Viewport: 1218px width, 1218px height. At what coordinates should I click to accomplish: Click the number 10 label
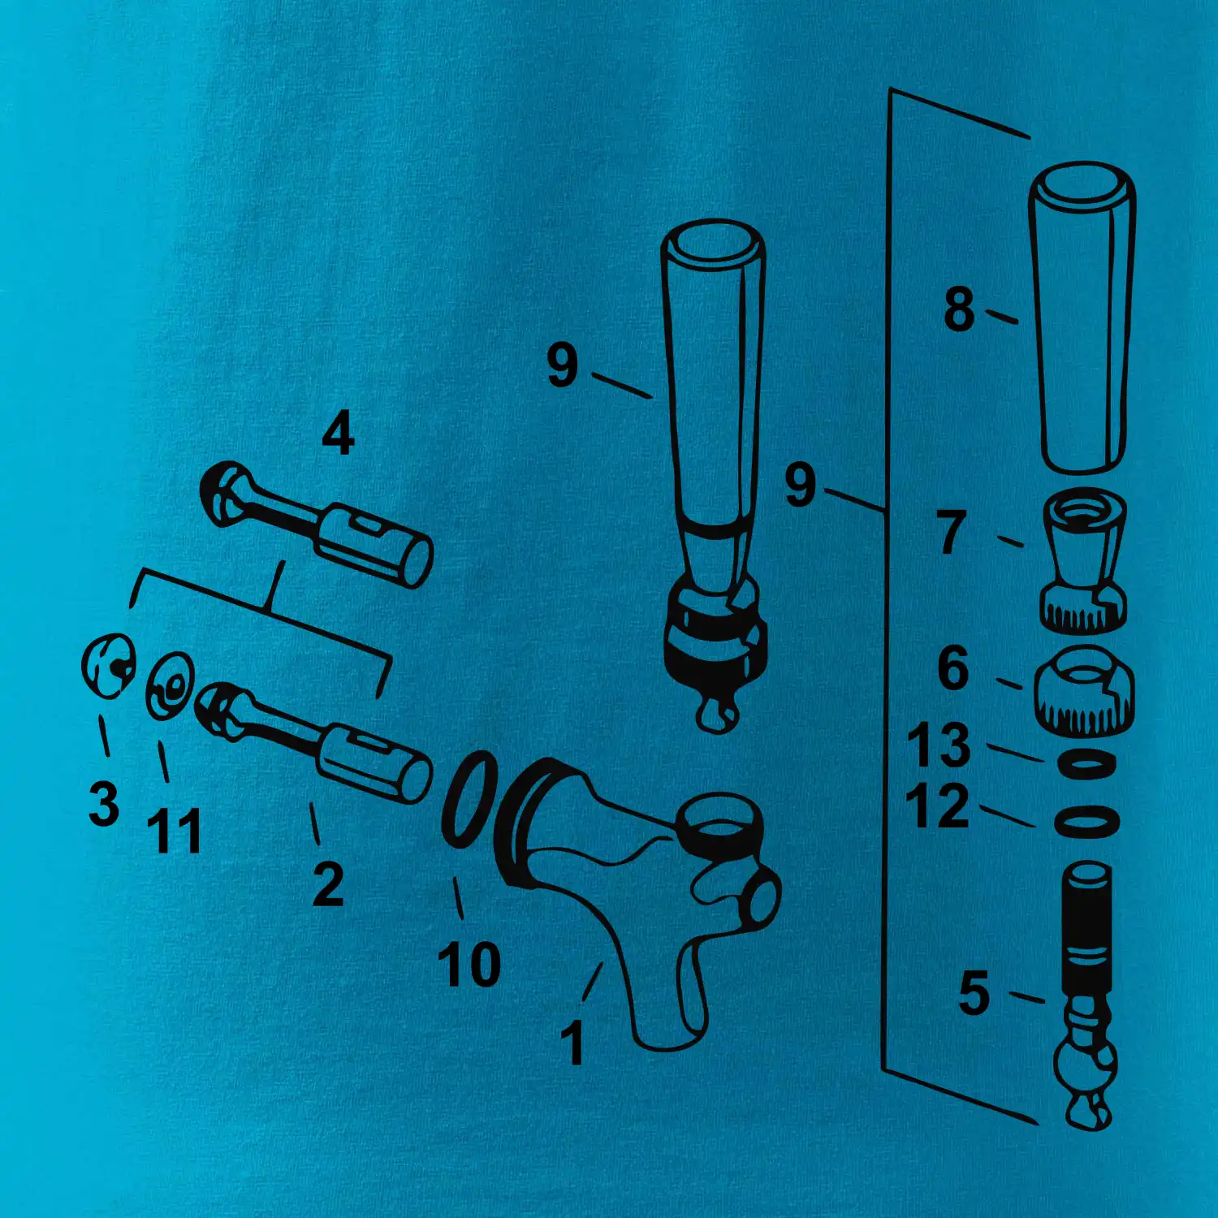click(469, 964)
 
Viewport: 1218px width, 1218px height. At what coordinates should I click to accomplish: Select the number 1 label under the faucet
click(573, 1043)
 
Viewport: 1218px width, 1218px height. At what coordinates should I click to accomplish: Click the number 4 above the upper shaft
click(338, 433)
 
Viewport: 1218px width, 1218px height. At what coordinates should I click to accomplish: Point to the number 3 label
click(104, 803)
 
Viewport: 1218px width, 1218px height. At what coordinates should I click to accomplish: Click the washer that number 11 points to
click(169, 686)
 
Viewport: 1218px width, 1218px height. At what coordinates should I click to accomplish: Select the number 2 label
click(328, 883)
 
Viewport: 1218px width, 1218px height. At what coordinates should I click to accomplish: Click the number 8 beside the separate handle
click(959, 309)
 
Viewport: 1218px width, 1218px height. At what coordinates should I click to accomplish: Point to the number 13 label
click(939, 745)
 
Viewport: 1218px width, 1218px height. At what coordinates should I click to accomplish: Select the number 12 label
click(937, 806)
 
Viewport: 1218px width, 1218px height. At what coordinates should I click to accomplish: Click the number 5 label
click(974, 993)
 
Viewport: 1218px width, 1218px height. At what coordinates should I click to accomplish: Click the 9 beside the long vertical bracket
click(800, 485)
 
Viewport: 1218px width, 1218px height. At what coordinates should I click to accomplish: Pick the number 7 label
click(952, 532)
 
